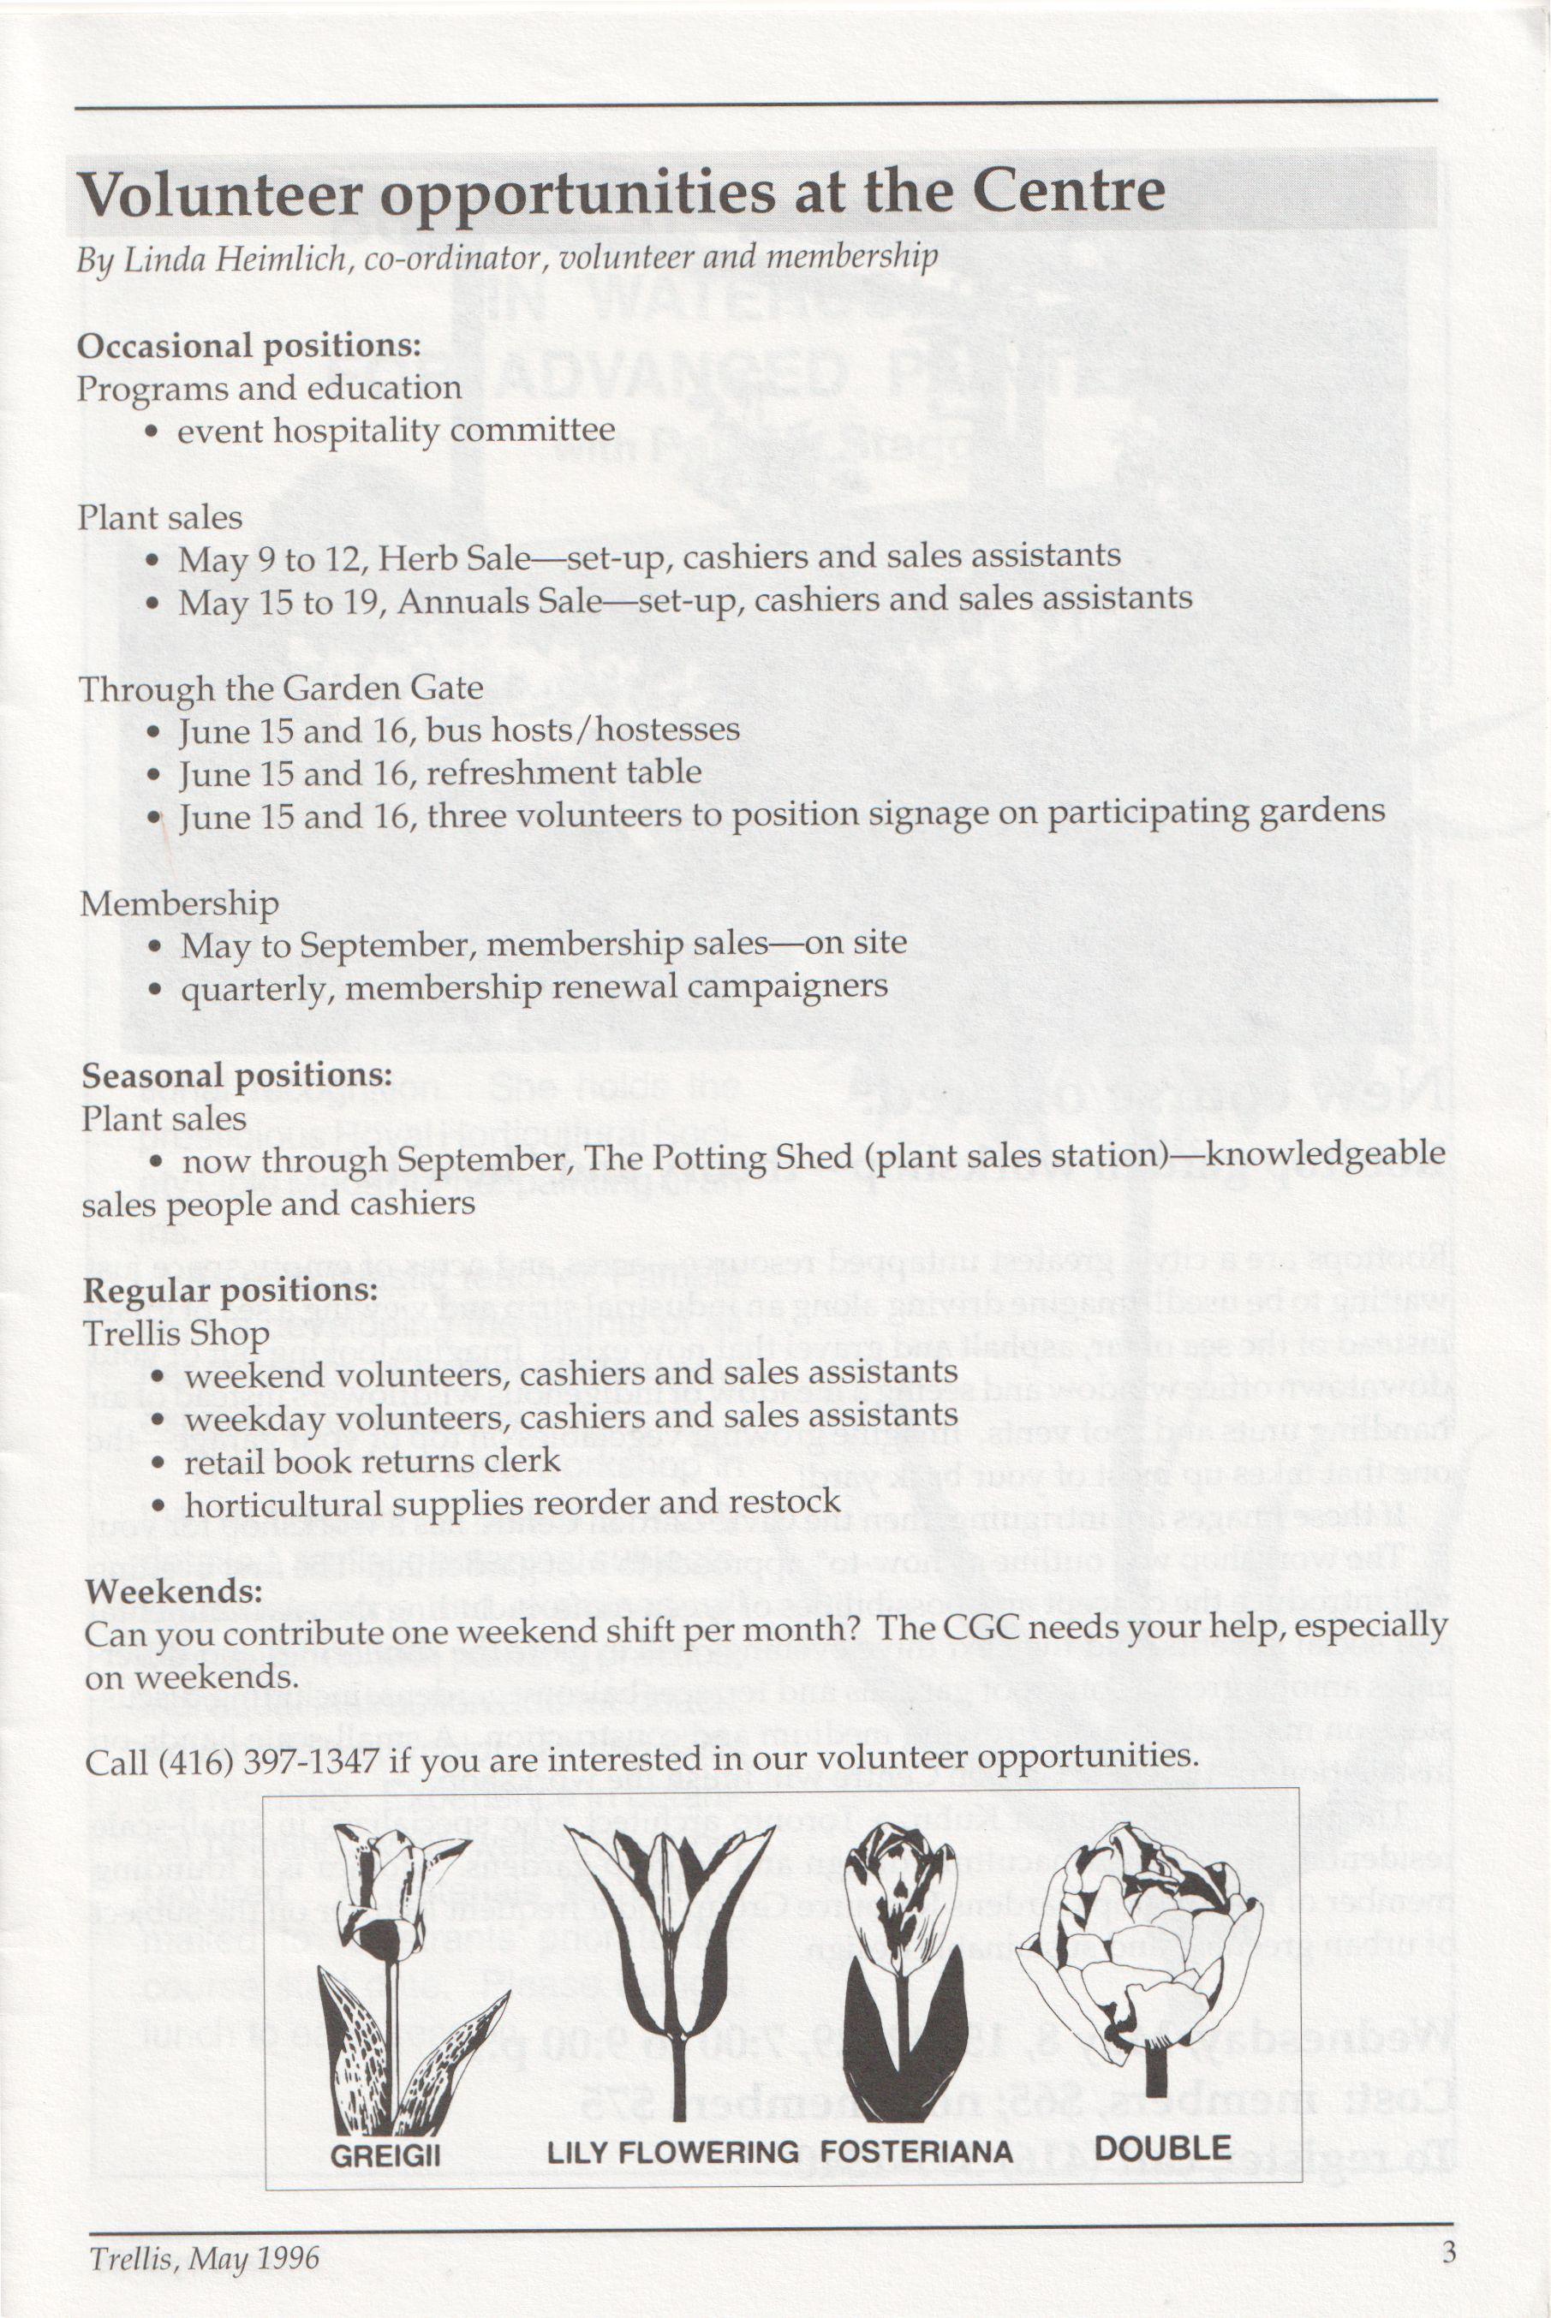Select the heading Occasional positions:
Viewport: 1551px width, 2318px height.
tap(249, 345)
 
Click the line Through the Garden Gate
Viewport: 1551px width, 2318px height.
tap(281, 688)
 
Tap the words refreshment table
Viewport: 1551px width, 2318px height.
tap(564, 772)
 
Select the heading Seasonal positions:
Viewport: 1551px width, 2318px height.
tap(237, 1075)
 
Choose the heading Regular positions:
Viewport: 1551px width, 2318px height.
tap(230, 1290)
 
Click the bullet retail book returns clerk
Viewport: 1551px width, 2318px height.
tap(372, 1462)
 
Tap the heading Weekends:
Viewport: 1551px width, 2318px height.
tap(173, 1591)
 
